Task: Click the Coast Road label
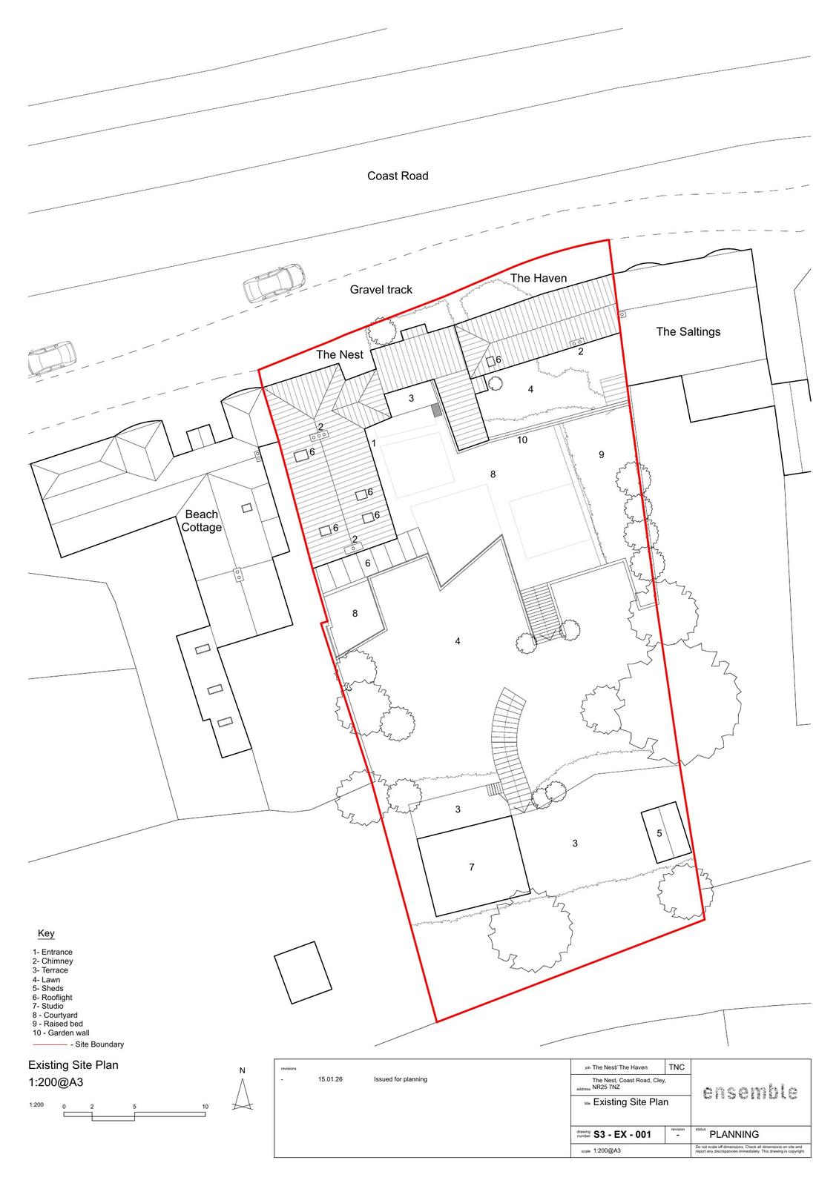(398, 176)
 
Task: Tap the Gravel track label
(381, 290)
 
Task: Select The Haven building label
(539, 278)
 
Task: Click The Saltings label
(688, 331)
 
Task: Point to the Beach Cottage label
(202, 520)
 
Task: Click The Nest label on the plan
(340, 354)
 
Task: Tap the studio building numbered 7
(472, 867)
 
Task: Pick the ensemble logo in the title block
(750, 1092)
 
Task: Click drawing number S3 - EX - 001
(622, 1134)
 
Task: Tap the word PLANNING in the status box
(734, 1134)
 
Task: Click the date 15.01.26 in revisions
(329, 1079)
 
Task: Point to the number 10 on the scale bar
(205, 1107)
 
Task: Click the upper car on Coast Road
(274, 282)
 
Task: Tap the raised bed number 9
(602, 454)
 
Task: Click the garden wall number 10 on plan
(522, 440)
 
